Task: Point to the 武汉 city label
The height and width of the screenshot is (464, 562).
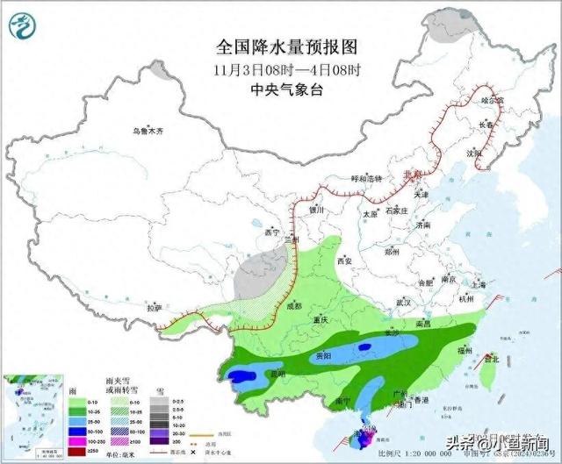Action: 404,302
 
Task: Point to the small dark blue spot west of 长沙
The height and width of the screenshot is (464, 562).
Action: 364,348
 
